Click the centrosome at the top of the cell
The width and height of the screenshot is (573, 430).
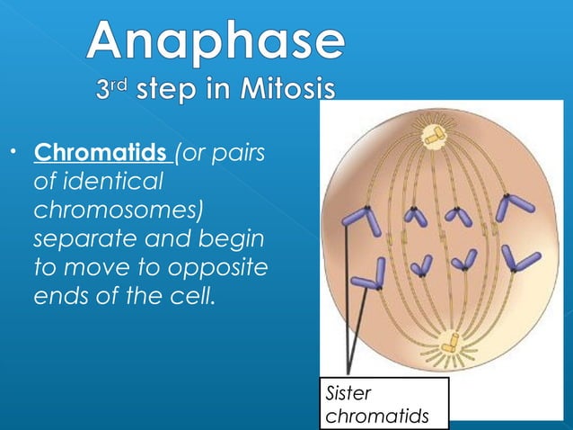pyautogui.click(x=436, y=135)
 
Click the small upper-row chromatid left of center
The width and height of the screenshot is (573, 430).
pyautogui.click(x=414, y=216)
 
